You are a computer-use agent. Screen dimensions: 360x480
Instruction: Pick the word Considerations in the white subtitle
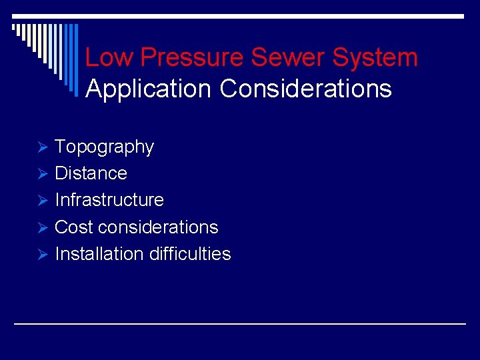tap(305, 89)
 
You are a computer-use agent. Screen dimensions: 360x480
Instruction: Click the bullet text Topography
tap(104, 147)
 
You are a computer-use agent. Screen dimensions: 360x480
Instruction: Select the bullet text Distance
tap(91, 173)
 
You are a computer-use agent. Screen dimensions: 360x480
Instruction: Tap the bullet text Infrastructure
tap(109, 200)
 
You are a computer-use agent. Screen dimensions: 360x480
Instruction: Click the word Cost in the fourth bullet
tap(74, 227)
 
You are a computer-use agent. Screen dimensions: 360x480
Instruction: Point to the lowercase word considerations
tap(158, 227)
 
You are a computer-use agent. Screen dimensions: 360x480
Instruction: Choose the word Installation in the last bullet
tap(99, 254)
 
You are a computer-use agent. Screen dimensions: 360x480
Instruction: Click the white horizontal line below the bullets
tap(240, 323)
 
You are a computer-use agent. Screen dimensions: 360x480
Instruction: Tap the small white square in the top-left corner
tap(14, 27)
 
